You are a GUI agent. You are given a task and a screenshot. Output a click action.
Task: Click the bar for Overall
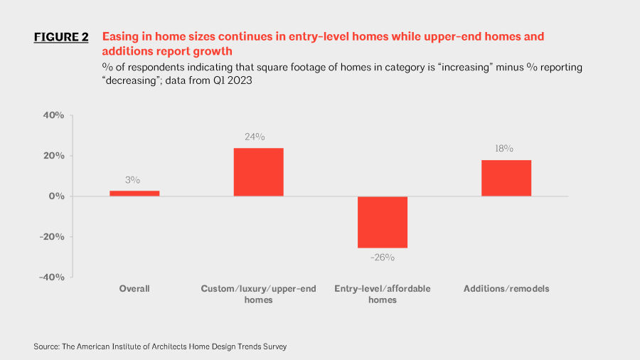[x=134, y=193]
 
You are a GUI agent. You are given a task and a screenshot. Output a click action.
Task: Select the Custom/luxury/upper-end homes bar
[x=258, y=172]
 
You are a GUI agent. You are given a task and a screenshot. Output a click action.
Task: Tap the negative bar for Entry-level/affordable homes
[x=383, y=222]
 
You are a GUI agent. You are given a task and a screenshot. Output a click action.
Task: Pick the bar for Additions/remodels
[x=506, y=178]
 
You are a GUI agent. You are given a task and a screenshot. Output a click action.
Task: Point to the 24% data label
[x=255, y=137]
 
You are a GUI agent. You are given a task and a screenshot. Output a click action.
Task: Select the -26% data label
[x=383, y=258]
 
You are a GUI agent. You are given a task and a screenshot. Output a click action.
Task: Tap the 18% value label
[x=503, y=149]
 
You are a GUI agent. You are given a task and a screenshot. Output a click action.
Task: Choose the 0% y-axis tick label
[x=57, y=196]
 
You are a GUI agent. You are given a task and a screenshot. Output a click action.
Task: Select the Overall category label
[x=134, y=289]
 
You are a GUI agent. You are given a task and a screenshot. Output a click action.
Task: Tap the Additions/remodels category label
[x=506, y=289]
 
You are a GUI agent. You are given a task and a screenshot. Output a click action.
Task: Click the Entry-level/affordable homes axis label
[x=383, y=294]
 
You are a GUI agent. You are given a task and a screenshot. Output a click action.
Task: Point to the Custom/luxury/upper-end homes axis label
[x=258, y=294]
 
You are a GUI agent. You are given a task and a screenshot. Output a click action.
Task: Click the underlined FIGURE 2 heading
[x=61, y=38]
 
